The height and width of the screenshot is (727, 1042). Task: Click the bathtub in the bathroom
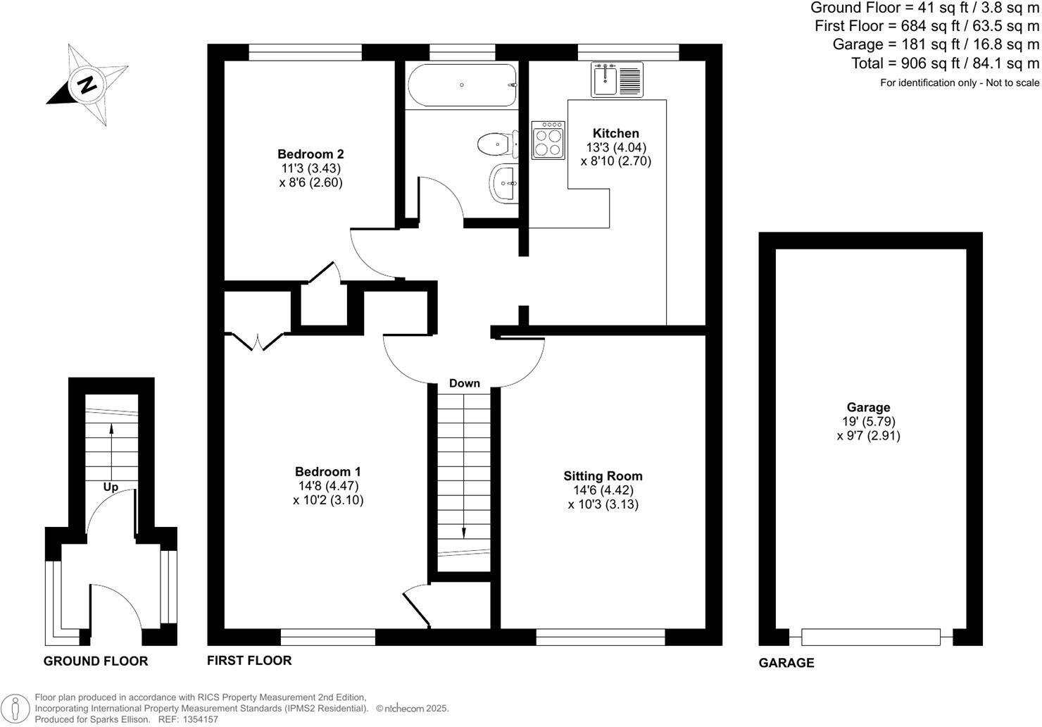pos(462,85)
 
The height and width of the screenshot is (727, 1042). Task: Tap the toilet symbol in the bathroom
pos(495,144)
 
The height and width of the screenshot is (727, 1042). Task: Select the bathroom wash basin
pos(503,183)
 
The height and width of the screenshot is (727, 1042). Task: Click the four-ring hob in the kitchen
pos(548,139)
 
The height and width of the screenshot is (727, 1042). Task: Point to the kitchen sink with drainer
pos(617,79)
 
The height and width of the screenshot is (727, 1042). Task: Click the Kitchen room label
pos(615,133)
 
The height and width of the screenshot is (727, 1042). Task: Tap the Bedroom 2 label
pos(310,154)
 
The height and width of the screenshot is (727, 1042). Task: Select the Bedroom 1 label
pos(328,471)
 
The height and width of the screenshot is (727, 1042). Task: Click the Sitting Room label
pos(603,476)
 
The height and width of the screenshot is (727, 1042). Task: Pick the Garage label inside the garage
pos(868,407)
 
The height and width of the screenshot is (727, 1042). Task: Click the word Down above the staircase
pos(465,383)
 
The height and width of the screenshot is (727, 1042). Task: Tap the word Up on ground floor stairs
pos(111,487)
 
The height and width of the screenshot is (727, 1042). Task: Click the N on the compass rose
pos(87,85)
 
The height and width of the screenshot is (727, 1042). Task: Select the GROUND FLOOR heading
pos(96,661)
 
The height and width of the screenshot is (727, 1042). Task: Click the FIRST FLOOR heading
pos(249,660)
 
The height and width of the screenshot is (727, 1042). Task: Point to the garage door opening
pos(870,637)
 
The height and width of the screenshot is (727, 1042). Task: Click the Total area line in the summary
pos(945,63)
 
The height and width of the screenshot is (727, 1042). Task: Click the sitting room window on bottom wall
pos(601,638)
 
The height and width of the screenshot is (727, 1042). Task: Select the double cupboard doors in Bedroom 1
pos(255,341)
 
